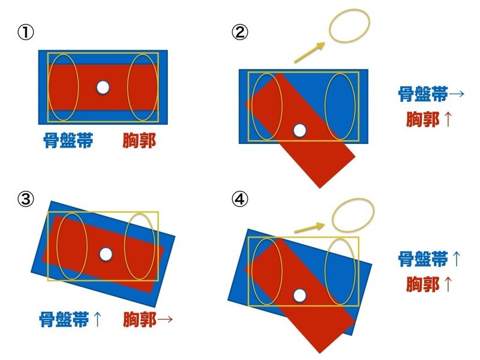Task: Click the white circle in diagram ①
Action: (103, 88)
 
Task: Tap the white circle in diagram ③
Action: (106, 254)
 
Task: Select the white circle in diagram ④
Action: (299, 295)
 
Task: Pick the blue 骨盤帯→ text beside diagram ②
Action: (431, 95)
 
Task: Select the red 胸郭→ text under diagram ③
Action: (148, 319)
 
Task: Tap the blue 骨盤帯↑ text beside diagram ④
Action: (431, 259)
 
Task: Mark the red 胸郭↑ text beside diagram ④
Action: (428, 284)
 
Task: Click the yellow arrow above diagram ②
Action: (310, 52)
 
